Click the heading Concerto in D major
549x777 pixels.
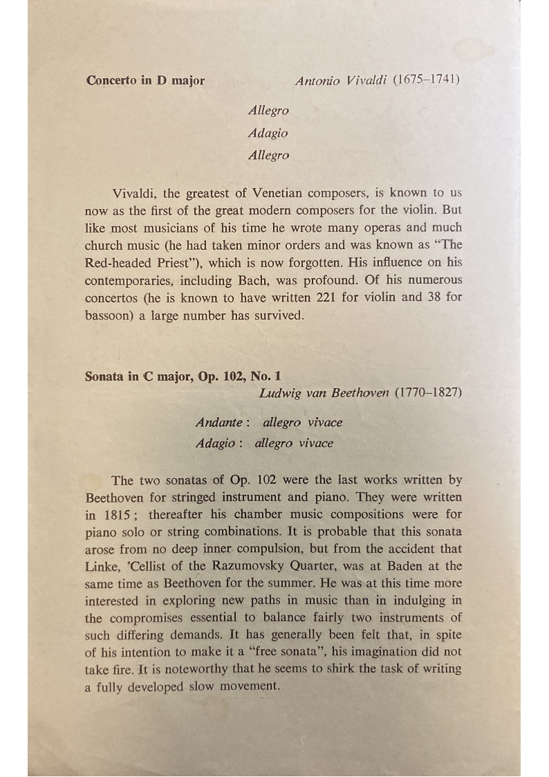(x=145, y=80)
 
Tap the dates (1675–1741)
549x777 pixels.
(x=427, y=80)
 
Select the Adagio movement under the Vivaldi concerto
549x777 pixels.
(x=268, y=133)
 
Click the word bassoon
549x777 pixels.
(x=110, y=316)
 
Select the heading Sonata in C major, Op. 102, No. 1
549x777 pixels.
(x=183, y=377)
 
